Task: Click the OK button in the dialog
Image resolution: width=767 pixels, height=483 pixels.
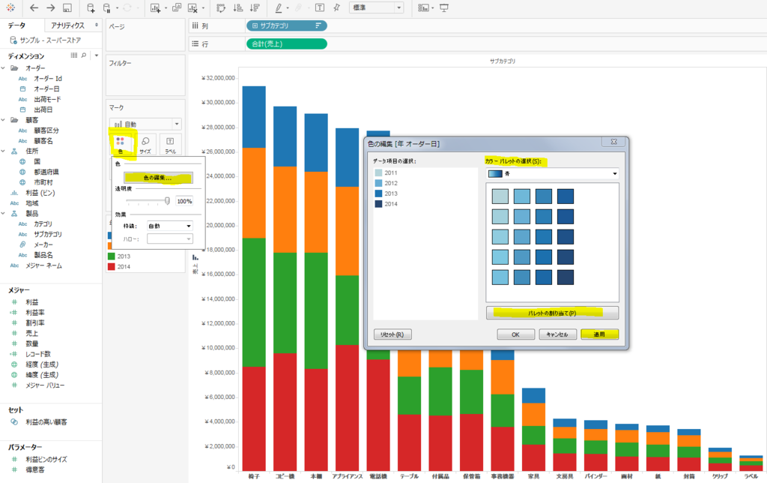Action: coord(515,334)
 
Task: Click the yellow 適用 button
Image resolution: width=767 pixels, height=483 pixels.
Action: coord(599,334)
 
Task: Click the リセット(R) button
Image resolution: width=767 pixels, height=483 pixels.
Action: coord(392,334)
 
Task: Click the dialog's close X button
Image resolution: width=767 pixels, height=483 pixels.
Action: coord(613,142)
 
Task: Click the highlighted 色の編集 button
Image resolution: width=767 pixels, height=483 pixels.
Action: coord(158,178)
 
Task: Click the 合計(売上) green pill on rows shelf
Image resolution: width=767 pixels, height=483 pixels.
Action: coord(286,43)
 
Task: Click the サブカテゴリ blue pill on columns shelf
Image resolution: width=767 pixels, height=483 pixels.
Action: coord(286,25)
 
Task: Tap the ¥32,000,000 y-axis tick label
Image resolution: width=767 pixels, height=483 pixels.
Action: coord(216,78)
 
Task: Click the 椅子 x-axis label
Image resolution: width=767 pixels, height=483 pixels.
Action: coord(254,476)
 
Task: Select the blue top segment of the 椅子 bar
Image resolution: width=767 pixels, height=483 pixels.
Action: coord(254,116)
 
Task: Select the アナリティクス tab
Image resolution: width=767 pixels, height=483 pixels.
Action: coord(68,25)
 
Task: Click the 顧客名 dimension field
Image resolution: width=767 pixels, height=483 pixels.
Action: coord(44,140)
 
